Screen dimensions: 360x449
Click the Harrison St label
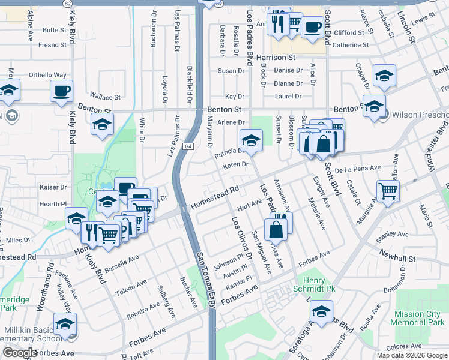click(x=276, y=58)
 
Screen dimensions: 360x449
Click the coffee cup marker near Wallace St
click(x=61, y=91)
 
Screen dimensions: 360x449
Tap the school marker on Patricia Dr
click(x=251, y=141)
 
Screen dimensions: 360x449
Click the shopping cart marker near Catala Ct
click(x=388, y=191)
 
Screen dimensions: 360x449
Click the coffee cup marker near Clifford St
click(x=312, y=27)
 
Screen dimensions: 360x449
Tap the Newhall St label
click(x=397, y=258)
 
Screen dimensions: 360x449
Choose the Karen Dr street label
click(x=236, y=165)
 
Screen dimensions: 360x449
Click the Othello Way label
click(x=48, y=75)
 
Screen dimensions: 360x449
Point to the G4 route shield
click(x=188, y=146)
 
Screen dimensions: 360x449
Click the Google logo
click(x=19, y=353)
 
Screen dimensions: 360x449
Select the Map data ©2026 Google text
click(x=411, y=355)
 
